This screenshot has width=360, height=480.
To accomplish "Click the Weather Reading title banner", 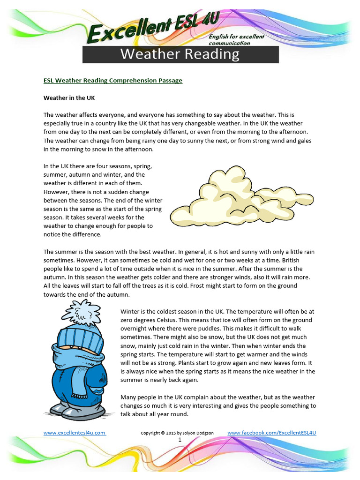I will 180,54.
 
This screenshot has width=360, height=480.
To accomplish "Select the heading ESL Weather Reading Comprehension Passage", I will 112,81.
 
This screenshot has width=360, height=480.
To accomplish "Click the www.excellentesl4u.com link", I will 74,433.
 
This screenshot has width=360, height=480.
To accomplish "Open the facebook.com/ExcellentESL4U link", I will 271,433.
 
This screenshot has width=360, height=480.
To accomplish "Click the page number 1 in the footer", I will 180,440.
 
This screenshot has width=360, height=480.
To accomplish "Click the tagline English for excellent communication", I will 243,40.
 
